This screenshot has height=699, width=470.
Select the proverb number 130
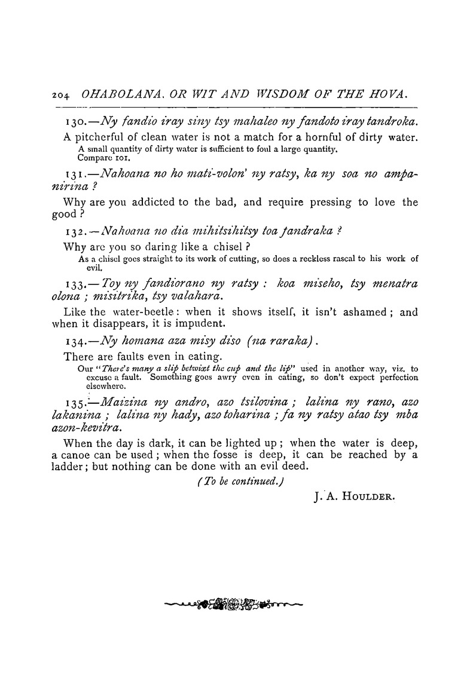[x=75, y=122]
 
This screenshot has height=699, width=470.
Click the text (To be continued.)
[x=236, y=483]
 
